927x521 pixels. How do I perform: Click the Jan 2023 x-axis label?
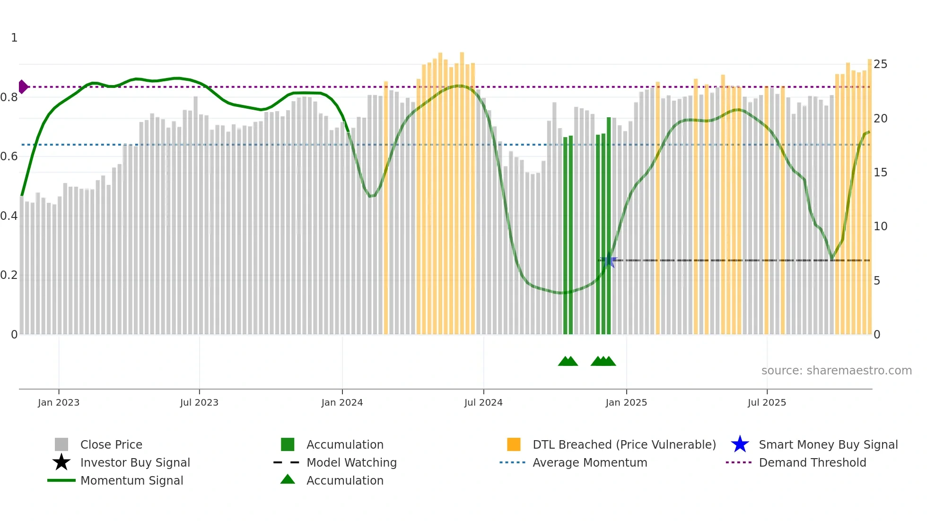pyautogui.click(x=59, y=402)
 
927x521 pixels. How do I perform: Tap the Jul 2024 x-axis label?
pyautogui.click(x=483, y=402)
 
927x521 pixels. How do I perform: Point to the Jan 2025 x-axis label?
pyautogui.click(x=626, y=402)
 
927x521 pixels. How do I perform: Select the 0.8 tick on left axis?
pyautogui.click(x=9, y=97)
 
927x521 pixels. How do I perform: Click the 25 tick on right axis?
pyautogui.click(x=880, y=64)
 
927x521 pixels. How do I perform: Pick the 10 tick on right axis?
pyautogui.click(x=880, y=226)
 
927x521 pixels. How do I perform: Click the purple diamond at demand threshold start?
pyautogui.click(x=23, y=87)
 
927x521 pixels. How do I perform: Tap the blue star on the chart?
pyautogui.click(x=609, y=260)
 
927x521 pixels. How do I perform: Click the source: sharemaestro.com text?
pyautogui.click(x=836, y=371)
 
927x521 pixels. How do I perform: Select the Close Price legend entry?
pyautogui.click(x=111, y=444)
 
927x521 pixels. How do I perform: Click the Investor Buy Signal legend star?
pyautogui.click(x=61, y=462)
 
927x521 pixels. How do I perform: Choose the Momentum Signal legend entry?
pyautogui.click(x=131, y=480)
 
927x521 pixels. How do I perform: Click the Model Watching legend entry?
pyautogui.click(x=351, y=462)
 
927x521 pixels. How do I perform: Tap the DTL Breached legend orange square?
pyautogui.click(x=514, y=444)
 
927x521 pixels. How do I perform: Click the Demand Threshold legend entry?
pyautogui.click(x=812, y=462)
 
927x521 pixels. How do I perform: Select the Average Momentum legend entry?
pyautogui.click(x=589, y=462)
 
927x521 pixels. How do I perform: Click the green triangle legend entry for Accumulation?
pyautogui.click(x=288, y=480)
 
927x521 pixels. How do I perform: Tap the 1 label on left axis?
pyautogui.click(x=14, y=38)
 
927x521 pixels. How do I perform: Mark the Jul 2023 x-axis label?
pyautogui.click(x=199, y=402)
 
